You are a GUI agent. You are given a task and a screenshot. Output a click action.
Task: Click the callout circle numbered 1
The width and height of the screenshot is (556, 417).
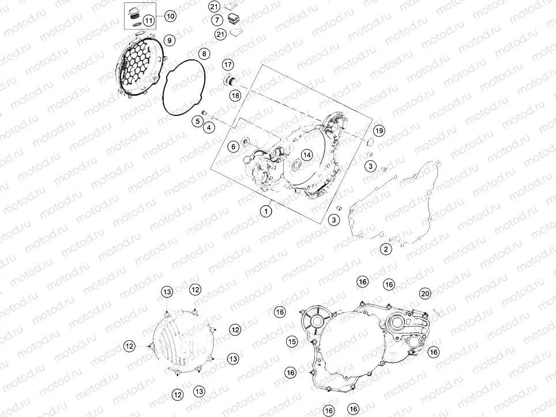(265, 212)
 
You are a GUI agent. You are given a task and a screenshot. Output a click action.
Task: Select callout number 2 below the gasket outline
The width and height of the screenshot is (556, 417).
(386, 249)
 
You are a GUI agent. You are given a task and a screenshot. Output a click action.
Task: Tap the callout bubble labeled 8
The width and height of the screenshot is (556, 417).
(204, 54)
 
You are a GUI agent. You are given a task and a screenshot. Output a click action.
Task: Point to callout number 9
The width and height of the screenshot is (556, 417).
(169, 40)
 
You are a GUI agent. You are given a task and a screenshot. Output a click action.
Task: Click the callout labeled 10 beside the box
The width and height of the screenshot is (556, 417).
(171, 16)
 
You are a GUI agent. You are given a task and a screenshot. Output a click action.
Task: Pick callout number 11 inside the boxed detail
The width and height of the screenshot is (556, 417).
(149, 21)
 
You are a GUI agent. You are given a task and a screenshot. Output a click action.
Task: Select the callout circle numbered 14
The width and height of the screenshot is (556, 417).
(307, 155)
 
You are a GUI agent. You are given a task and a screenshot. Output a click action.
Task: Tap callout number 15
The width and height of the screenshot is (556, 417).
(292, 342)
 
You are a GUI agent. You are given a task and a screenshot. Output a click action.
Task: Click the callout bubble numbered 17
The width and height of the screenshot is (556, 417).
(228, 65)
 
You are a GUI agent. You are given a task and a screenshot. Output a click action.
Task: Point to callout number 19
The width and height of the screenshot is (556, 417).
(379, 131)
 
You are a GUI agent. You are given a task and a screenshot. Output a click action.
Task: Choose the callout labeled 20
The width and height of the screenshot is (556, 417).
(425, 294)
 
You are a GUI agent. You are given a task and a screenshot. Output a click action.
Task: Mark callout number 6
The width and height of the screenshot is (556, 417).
(234, 146)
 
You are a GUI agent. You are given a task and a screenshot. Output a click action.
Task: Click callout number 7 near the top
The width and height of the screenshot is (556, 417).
(217, 20)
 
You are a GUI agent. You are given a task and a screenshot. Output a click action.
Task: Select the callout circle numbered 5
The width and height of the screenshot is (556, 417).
(197, 121)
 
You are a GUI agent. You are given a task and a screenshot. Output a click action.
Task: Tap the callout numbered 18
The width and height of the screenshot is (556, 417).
(235, 95)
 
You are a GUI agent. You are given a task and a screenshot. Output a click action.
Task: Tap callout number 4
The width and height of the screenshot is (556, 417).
(209, 127)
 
